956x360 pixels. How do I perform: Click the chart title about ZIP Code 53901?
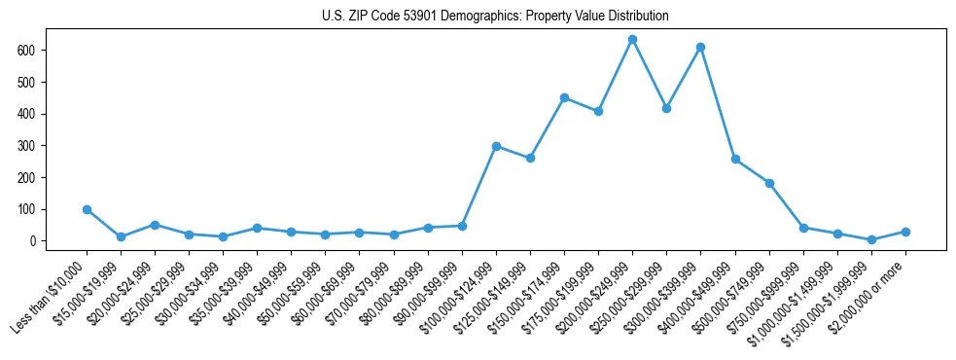click(x=495, y=17)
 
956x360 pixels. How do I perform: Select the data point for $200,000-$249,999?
click(x=632, y=40)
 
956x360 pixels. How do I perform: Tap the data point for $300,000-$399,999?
click(x=700, y=47)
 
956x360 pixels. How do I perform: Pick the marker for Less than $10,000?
click(x=87, y=209)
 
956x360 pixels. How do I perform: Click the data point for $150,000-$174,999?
click(x=564, y=97)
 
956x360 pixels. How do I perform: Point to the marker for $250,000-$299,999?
click(x=666, y=108)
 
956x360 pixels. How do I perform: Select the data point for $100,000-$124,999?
click(x=496, y=146)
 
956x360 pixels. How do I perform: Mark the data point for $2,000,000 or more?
click(x=905, y=232)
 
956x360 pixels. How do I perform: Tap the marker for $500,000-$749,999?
click(x=769, y=183)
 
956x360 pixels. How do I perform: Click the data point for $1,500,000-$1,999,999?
click(x=871, y=239)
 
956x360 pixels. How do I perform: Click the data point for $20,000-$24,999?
click(x=155, y=225)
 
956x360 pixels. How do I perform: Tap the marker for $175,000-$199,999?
click(x=598, y=111)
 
